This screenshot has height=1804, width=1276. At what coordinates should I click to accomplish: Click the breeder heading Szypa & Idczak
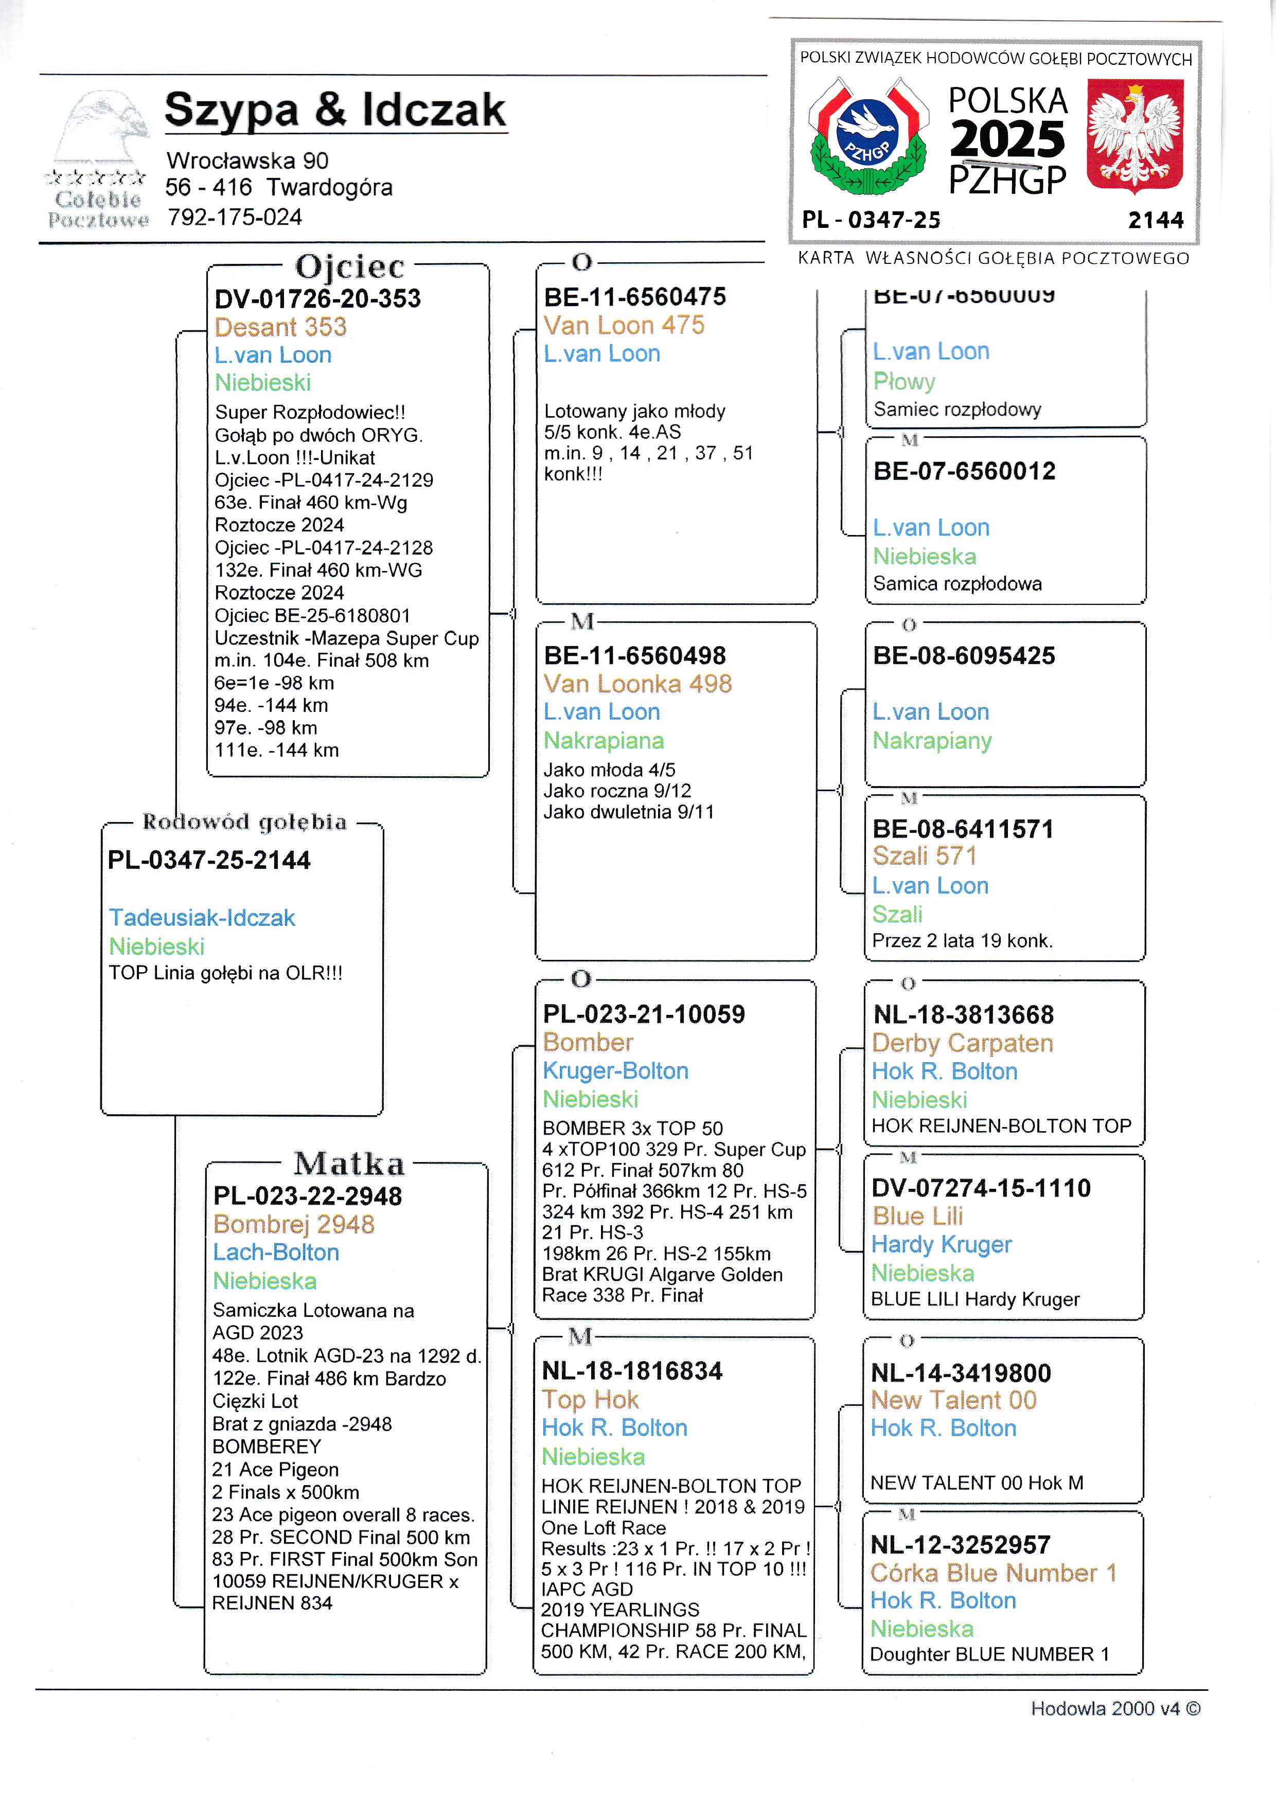click(x=335, y=110)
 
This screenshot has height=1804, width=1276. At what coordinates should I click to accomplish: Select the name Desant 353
click(x=280, y=327)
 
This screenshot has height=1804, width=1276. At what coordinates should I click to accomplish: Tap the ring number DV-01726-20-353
click(x=317, y=298)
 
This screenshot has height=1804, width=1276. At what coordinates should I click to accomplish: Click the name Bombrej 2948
click(x=294, y=1224)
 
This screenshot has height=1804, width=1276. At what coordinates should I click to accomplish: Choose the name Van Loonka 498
click(x=637, y=684)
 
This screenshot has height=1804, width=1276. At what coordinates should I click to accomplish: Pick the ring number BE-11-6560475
click(x=635, y=297)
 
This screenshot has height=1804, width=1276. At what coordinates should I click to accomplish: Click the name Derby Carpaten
click(x=963, y=1043)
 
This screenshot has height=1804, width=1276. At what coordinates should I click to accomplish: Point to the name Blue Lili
click(x=918, y=1216)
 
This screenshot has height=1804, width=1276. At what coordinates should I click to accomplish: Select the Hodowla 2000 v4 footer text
click(x=1115, y=1709)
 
